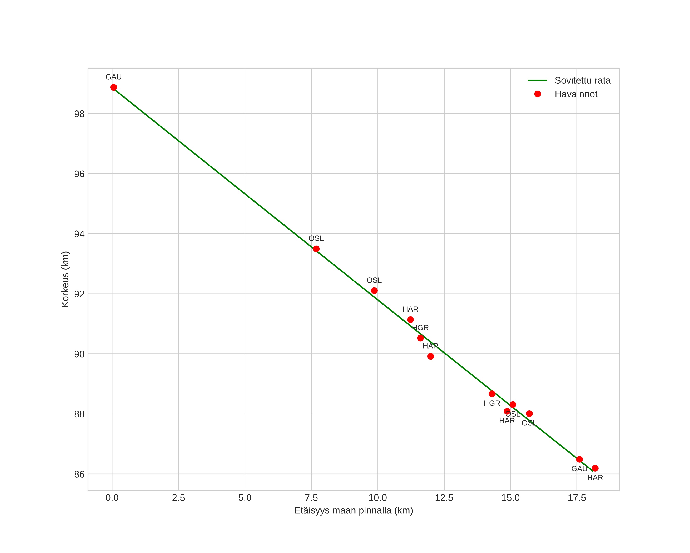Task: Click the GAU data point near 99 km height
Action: (114, 87)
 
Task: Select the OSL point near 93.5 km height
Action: (316, 249)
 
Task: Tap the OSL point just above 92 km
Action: (374, 291)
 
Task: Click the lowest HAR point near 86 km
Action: (595, 468)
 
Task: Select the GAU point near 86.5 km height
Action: (579, 459)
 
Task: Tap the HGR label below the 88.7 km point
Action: (492, 403)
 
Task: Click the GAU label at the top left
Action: (114, 77)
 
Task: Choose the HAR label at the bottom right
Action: (595, 478)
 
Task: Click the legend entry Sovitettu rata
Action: (583, 81)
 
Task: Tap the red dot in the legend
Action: (537, 94)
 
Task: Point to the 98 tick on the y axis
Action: (79, 114)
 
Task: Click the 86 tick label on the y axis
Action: (79, 474)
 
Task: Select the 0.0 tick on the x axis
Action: (112, 498)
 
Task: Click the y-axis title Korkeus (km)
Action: (65, 279)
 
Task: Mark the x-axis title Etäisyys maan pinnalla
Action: (353, 510)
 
